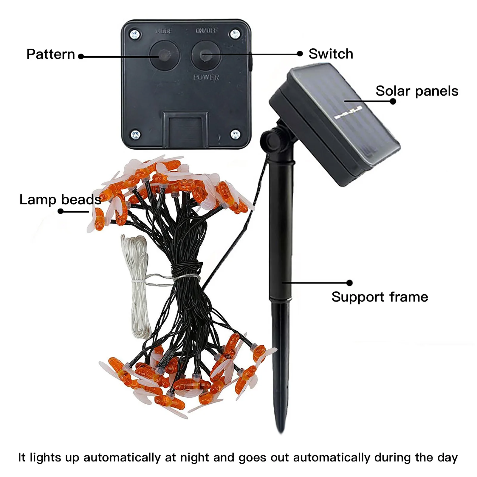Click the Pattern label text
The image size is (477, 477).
pyautogui.click(x=51, y=54)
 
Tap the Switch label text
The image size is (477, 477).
pyautogui.click(x=331, y=54)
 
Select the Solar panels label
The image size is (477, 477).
pyautogui.click(x=416, y=91)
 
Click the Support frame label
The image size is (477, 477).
pyautogui.click(x=380, y=297)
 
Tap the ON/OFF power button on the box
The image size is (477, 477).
pyautogui.click(x=206, y=55)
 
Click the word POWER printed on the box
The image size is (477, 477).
pyautogui.click(x=206, y=78)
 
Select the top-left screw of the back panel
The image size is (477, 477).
pyautogui.click(x=135, y=34)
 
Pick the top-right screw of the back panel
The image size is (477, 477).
pyautogui.click(x=235, y=34)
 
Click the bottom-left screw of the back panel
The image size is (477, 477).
pyautogui.click(x=136, y=134)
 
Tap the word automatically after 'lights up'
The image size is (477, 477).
pyautogui.click(x=122, y=457)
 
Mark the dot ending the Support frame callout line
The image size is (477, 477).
pyautogui.click(x=349, y=283)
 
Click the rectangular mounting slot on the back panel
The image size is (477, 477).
pyautogui.click(x=185, y=130)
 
